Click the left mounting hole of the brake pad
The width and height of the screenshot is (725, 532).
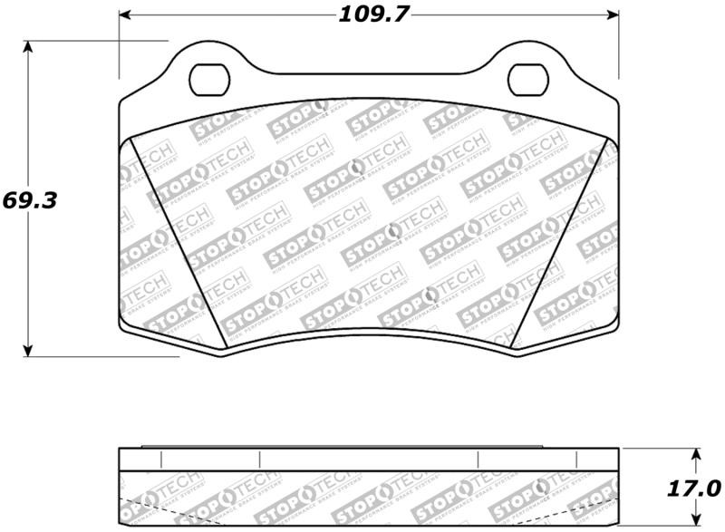tap(209, 76)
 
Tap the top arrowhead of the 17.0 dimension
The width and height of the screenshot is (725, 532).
tap(696, 453)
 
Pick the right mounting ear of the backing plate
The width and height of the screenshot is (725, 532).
tap(529, 63)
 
